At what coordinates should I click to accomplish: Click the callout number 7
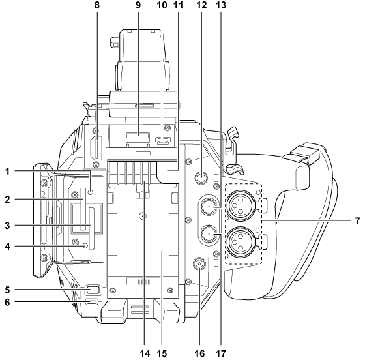357,220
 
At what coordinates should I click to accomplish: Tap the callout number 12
201,5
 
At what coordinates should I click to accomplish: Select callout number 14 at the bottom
145,353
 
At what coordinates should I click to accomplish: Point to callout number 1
7,171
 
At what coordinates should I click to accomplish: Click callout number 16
199,353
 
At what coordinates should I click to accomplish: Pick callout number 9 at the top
138,5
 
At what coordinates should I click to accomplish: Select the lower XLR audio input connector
240,239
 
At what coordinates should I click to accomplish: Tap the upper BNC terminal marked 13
209,206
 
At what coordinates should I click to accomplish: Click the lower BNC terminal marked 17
209,233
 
